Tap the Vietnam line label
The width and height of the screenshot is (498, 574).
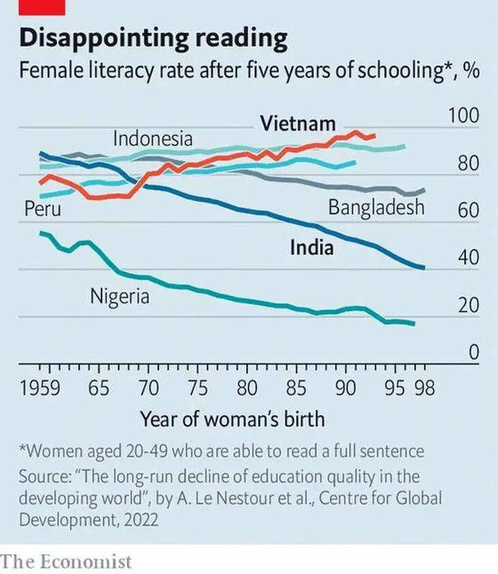[297, 124]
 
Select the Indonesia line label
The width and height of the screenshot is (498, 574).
[152, 139]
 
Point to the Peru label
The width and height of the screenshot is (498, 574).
[42, 209]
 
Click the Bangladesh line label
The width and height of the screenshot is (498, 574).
[376, 207]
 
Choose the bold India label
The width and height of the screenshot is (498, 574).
[312, 247]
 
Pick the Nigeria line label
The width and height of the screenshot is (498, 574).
[119, 297]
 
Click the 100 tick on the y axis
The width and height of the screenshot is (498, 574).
[463, 116]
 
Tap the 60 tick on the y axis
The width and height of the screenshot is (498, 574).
[468, 211]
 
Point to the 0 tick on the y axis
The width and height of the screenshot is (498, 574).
[473, 353]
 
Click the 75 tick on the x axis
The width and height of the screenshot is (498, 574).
[198, 389]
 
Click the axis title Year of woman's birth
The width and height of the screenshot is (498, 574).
[232, 419]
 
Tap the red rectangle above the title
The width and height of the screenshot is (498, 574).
[42, 7]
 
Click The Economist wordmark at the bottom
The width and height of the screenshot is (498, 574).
[66, 562]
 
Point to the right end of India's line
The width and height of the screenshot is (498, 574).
[424, 267]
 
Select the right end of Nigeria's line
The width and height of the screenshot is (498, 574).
[413, 323]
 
